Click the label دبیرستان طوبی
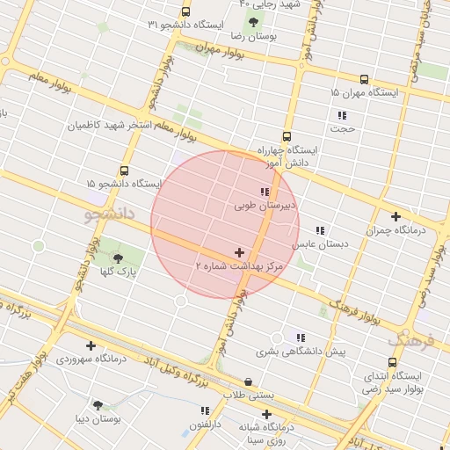click(x=266, y=207)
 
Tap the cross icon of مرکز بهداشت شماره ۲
click(x=239, y=252)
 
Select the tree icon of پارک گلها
click(x=118, y=258)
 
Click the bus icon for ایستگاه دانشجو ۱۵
click(x=123, y=171)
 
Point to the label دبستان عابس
click(x=316, y=243)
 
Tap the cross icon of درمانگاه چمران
click(x=396, y=216)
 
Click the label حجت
click(x=342, y=128)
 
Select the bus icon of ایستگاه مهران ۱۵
click(x=364, y=79)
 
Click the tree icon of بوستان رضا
click(x=253, y=23)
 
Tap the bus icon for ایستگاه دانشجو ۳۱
click(x=185, y=11)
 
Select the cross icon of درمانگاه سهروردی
click(x=91, y=345)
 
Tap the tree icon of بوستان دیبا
click(x=97, y=406)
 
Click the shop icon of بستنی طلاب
click(x=248, y=382)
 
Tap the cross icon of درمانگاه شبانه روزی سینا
click(x=266, y=414)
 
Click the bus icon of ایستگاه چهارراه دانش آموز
click(x=287, y=136)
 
